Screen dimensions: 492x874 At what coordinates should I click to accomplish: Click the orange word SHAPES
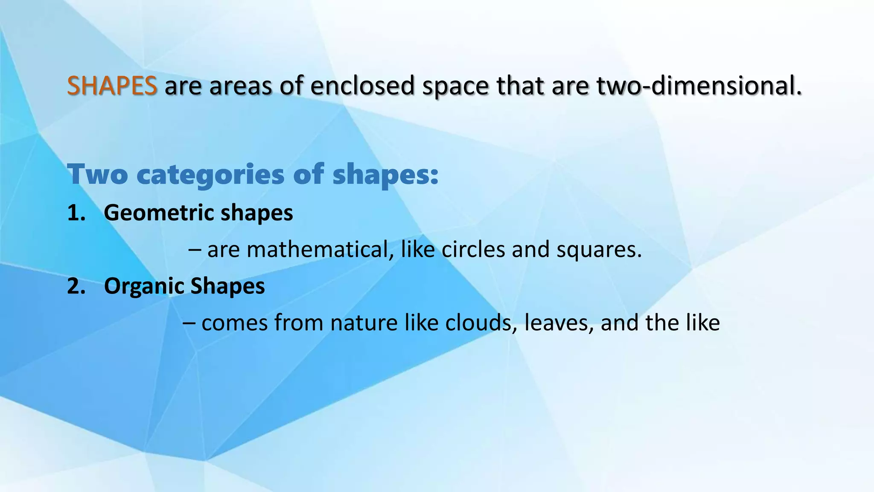(x=112, y=85)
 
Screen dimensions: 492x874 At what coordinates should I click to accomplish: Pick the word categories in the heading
(x=210, y=175)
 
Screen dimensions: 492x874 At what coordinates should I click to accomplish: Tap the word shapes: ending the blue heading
(x=385, y=175)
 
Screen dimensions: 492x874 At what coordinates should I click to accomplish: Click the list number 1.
(x=76, y=213)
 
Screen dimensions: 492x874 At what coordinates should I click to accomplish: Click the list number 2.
(x=76, y=286)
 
